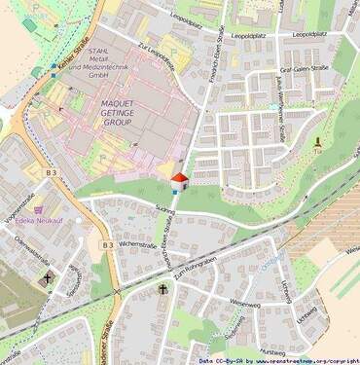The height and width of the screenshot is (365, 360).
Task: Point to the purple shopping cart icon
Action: [x=38, y=208]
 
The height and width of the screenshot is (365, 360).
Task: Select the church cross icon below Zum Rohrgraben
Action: [x=162, y=290]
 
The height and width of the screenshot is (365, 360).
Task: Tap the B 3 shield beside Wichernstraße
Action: [x=108, y=246]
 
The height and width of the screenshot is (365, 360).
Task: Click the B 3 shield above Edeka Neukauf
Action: [x=53, y=174]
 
